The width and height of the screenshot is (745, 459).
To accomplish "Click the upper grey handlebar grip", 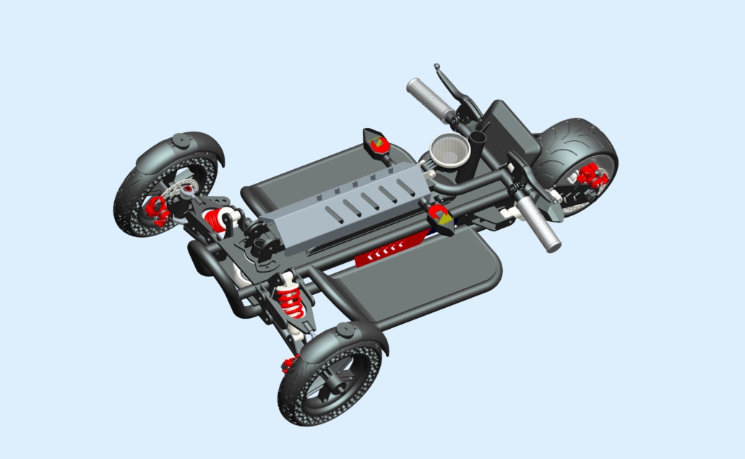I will click(x=429, y=98).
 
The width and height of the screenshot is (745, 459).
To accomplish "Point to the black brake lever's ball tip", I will click(x=437, y=67).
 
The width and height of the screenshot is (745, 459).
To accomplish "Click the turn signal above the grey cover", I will click(x=376, y=142).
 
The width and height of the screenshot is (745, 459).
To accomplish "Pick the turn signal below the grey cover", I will click(x=442, y=218).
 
